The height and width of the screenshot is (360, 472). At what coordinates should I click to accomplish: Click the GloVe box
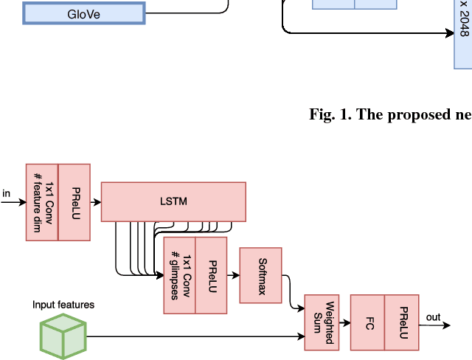tap(83, 13)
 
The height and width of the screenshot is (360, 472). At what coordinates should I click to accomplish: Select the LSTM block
tap(173, 201)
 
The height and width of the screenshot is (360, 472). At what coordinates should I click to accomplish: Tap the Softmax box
tap(260, 275)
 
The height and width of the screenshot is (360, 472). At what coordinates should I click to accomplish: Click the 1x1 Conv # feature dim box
tap(42, 201)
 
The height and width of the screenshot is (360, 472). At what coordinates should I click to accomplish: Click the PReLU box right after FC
tap(402, 322)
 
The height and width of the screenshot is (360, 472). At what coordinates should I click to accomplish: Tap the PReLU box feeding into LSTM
tap(74, 201)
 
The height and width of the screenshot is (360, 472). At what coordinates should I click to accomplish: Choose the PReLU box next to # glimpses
tap(212, 275)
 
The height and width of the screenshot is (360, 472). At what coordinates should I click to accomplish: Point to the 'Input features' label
tap(63, 304)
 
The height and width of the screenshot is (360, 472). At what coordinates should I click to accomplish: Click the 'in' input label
tap(7, 194)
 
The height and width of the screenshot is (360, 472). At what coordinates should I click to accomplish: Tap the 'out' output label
tap(433, 317)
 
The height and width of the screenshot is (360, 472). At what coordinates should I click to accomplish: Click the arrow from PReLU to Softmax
tap(233, 275)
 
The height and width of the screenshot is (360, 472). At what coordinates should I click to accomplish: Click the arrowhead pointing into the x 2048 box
tap(449, 32)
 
